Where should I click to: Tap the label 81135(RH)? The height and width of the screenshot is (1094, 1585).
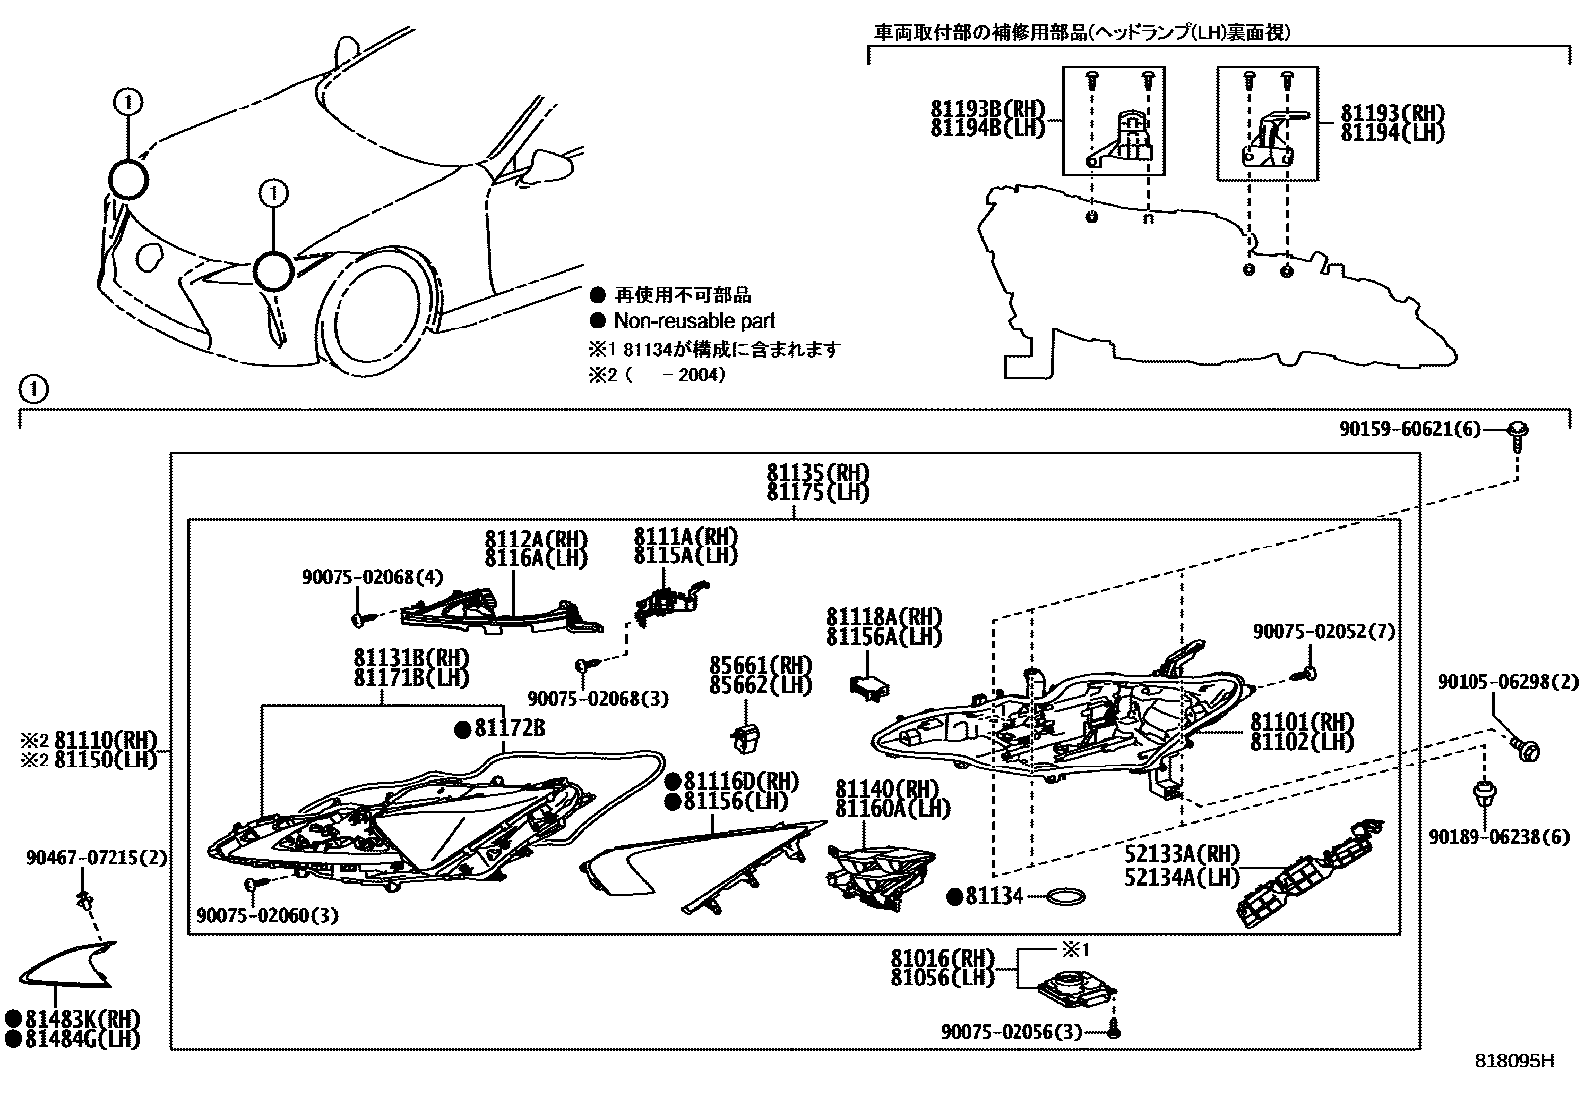[x=816, y=472]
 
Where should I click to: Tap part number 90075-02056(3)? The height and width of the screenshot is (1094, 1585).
[x=1012, y=1032]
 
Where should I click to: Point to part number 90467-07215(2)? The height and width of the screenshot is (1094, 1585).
[x=97, y=857]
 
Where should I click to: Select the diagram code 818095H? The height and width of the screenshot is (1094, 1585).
[x=1514, y=1061]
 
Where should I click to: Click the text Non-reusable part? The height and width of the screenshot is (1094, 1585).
[x=694, y=321]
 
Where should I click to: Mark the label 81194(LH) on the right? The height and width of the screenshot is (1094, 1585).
[x=1392, y=133]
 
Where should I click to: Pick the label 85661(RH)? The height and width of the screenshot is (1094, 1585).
[x=761, y=665]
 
